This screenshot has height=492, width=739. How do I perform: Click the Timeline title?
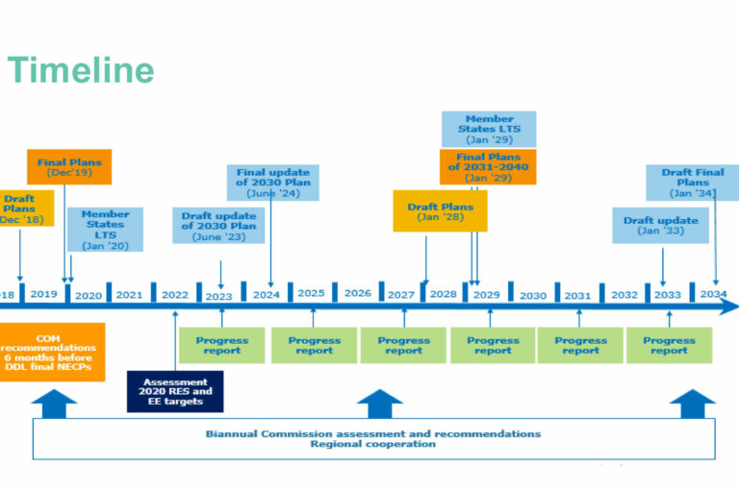coord(80,70)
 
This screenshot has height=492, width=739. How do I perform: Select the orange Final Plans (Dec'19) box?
coord(69,167)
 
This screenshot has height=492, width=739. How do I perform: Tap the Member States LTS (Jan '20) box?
coord(106,229)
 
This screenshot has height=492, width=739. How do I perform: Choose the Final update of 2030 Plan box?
coord(272,182)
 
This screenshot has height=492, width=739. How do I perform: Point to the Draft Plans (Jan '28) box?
coord(440,210)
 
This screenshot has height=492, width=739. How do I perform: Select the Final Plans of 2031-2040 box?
coord(488,167)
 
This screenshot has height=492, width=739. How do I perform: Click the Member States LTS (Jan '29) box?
coord(489,129)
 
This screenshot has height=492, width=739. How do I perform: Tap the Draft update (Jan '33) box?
coord(660,225)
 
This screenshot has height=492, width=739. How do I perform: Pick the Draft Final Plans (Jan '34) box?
coord(693,183)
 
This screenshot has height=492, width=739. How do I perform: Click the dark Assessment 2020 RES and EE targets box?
coord(175,391)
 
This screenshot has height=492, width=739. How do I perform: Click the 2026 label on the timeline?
coord(357,294)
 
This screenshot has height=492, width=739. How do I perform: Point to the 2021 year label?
coord(129,294)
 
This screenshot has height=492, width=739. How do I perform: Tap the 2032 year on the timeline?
coord(624,294)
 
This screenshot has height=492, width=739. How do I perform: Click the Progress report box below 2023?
coord(221,345)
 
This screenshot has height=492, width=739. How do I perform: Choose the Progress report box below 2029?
coord(493,345)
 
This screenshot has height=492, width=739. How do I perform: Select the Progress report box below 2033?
coord(669,345)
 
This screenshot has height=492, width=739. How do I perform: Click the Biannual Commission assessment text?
coord(373,433)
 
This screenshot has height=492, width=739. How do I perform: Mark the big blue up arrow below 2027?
coord(380,403)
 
